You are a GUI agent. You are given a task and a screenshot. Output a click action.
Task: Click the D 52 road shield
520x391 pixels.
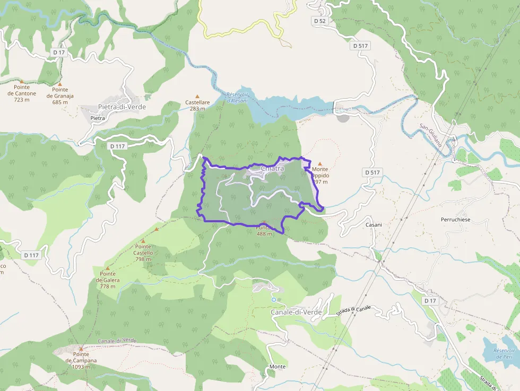(x=319, y=21)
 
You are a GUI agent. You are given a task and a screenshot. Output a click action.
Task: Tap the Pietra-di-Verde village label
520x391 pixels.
(x=122, y=107)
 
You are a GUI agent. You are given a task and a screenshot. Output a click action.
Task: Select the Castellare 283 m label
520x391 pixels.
(x=197, y=106)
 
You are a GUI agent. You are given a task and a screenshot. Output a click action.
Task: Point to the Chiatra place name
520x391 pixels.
(x=272, y=169)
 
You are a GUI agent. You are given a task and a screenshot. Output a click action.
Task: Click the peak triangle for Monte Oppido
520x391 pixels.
(x=319, y=164)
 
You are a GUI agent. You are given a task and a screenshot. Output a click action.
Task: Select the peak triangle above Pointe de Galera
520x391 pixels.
(x=108, y=268)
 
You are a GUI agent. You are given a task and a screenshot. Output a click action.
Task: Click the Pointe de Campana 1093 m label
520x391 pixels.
(x=81, y=361)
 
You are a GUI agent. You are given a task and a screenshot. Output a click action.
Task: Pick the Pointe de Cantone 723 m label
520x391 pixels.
(x=22, y=93)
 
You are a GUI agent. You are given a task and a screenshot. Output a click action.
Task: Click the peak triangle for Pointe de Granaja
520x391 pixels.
(x=60, y=84)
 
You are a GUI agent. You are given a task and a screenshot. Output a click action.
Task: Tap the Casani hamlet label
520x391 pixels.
(x=374, y=225)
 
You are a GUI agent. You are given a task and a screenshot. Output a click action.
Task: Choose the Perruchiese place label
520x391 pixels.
(x=455, y=219)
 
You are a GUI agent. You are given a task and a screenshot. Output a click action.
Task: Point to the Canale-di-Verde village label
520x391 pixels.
(x=296, y=312)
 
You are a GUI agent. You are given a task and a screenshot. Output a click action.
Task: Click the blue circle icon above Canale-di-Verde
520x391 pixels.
(x=274, y=300)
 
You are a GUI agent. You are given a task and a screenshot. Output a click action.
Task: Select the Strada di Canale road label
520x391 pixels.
(x=353, y=311)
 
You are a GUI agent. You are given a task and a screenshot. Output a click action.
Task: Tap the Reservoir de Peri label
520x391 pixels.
(x=504, y=353)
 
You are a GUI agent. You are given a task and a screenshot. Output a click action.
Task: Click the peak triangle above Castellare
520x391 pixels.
(x=197, y=96)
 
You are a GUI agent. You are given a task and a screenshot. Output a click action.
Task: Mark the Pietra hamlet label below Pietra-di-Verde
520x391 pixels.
(x=98, y=118)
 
